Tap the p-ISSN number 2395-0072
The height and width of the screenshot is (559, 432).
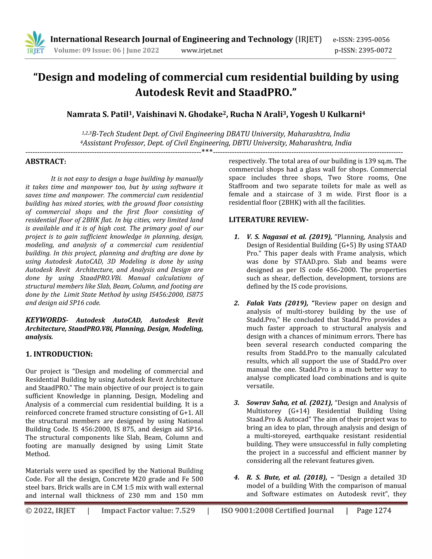click(x=375, y=50)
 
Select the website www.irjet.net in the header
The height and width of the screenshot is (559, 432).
click(x=202, y=50)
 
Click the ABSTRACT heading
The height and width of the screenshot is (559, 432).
click(x=46, y=162)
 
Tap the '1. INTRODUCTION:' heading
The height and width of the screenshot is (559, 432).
click(x=59, y=354)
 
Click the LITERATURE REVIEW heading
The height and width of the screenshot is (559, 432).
click(x=269, y=220)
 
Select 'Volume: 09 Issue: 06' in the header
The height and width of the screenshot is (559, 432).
click(x=87, y=50)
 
